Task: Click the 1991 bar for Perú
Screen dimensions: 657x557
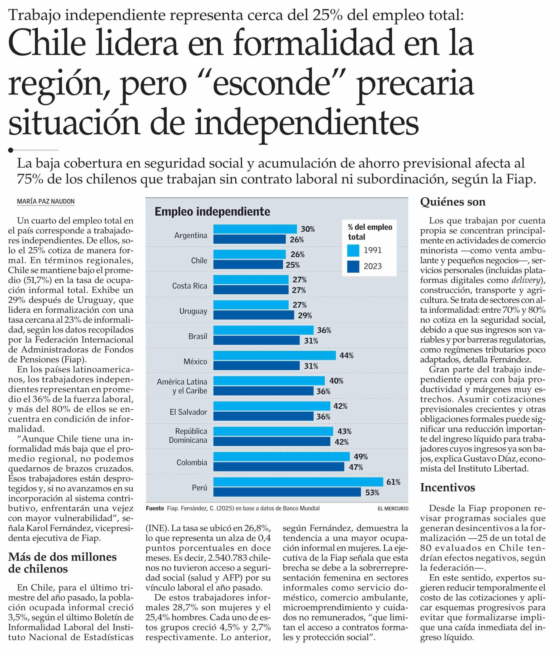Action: pos(298,482)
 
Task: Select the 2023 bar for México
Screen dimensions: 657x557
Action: pos(256,366)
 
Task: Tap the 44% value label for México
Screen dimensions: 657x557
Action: pos(346,355)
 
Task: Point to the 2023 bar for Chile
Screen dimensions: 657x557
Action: pos(248,264)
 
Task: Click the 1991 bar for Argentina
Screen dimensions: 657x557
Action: pos(255,229)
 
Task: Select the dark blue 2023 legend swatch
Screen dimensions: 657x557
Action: pos(353,266)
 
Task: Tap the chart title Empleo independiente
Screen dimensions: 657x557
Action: pos(212,212)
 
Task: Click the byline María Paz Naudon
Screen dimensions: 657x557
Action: pos(46,201)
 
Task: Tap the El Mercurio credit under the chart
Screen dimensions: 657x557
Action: pos(393,509)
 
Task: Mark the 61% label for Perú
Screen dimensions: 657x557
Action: pos(393,482)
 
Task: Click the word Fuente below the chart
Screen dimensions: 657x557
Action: pos(155,508)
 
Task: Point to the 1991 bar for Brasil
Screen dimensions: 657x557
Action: pos(263,330)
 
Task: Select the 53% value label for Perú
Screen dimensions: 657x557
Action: pos(372,493)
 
